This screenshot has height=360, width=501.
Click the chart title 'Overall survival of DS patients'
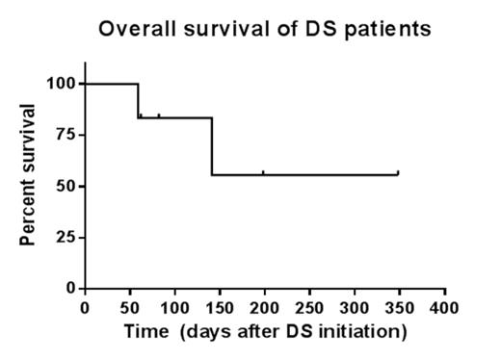tap(265, 29)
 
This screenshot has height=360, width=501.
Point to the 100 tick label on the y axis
tap(62, 84)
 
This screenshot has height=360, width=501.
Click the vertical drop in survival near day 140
tap(212, 146)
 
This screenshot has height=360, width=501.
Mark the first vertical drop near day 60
tap(139, 101)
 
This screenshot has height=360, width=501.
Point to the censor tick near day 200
tap(264, 172)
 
